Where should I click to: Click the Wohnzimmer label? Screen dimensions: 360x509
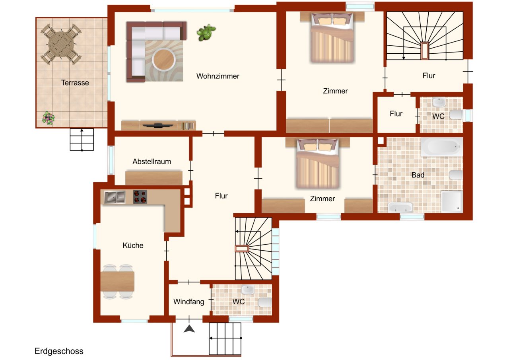point(218,76)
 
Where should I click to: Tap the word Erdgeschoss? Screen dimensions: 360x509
point(59,351)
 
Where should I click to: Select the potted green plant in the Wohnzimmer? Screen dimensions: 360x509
point(206,33)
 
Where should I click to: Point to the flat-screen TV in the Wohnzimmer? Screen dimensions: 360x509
point(158,126)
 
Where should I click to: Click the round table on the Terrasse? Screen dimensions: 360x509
point(61,44)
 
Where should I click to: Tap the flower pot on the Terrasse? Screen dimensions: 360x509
point(49,118)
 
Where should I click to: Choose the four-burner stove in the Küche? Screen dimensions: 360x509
point(140,197)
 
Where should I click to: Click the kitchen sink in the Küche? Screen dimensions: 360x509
point(115,197)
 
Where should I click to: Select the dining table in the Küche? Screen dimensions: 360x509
point(117,281)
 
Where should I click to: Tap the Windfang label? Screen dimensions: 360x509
point(188,302)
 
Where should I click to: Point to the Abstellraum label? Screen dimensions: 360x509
point(152,162)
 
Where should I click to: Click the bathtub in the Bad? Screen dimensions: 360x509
point(442,147)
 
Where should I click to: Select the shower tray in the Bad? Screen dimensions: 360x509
point(452,201)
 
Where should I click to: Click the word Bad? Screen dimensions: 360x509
point(418,175)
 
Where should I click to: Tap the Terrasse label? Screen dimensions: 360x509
point(75,83)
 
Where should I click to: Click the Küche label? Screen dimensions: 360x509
point(133,245)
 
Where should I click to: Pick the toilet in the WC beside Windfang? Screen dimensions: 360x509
point(265,302)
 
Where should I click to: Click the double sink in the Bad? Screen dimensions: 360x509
point(400,207)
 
